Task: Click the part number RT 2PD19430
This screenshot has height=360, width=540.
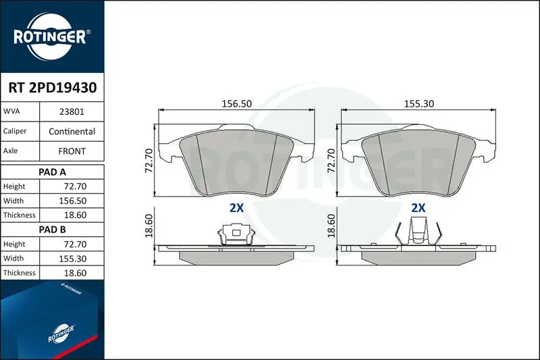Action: pyautogui.click(x=53, y=88)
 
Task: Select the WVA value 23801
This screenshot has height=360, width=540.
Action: pyautogui.click(x=72, y=111)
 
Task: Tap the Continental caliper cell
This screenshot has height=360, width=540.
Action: pyautogui.click(x=72, y=131)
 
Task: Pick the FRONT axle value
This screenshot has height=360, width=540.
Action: pyautogui.click(x=72, y=151)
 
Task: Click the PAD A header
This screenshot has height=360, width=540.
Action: pyautogui.click(x=52, y=172)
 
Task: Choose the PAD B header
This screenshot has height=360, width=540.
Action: pyautogui.click(x=52, y=230)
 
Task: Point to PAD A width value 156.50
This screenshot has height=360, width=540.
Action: pyautogui.click(x=73, y=201)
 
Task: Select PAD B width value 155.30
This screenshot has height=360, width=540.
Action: pyautogui.click(x=73, y=259)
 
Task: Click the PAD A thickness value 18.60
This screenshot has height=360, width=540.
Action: pyautogui.click(x=75, y=215)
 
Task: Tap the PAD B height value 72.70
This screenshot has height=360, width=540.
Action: pyautogui.click(x=75, y=245)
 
